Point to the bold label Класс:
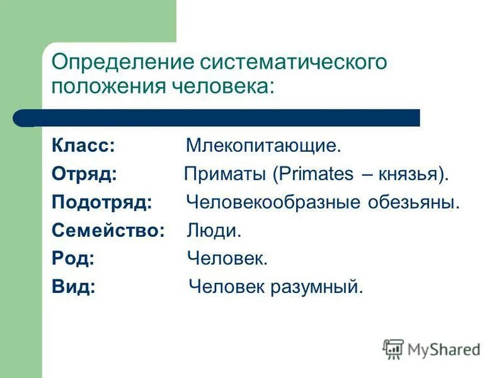[83, 146]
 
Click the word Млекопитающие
[263, 146]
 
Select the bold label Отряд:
[84, 175]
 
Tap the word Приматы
[226, 175]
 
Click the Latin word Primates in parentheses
[316, 175]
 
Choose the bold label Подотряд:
[102, 203]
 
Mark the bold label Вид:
[74, 287]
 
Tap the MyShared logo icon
[392, 348]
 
